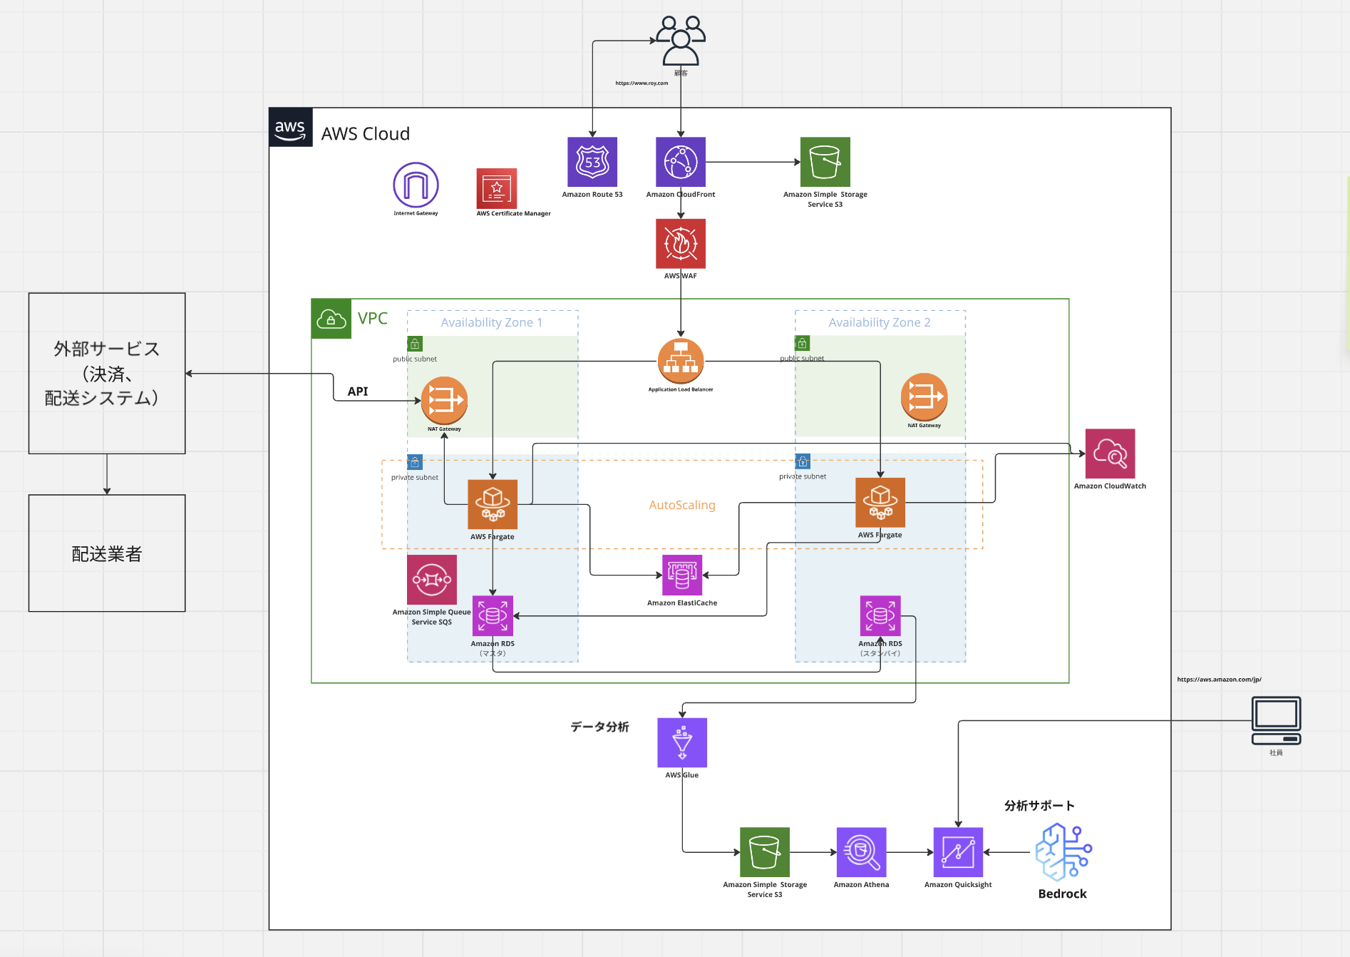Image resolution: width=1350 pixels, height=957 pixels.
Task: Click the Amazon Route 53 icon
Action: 592,162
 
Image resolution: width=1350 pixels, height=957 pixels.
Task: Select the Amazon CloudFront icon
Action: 681,162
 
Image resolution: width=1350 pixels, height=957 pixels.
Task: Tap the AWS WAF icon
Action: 681,243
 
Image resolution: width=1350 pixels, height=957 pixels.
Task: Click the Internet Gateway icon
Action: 416,185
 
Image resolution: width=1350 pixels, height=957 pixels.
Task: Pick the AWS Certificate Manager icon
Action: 497,188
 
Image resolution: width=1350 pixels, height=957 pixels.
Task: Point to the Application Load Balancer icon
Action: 681,361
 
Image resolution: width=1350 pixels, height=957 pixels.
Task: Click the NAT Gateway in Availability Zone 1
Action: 444,400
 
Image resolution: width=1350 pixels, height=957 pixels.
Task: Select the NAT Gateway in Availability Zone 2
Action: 924,396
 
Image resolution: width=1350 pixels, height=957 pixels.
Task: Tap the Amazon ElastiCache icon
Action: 682,575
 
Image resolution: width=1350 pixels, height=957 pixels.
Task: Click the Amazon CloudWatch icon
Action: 1110,454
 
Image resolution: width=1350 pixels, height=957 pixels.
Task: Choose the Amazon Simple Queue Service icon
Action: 432,580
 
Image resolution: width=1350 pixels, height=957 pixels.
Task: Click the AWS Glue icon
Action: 682,742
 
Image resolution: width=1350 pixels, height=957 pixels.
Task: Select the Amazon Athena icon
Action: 861,852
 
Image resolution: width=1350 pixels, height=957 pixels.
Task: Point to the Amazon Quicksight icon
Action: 958,852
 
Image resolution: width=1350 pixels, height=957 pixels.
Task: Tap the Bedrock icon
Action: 1063,852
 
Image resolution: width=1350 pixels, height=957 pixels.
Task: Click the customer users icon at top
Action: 681,41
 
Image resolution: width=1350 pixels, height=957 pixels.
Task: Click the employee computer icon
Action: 1276,720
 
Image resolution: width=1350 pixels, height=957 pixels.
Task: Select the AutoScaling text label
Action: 682,505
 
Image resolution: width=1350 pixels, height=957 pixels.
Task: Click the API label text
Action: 358,391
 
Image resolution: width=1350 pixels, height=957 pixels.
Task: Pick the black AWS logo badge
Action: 291,128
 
